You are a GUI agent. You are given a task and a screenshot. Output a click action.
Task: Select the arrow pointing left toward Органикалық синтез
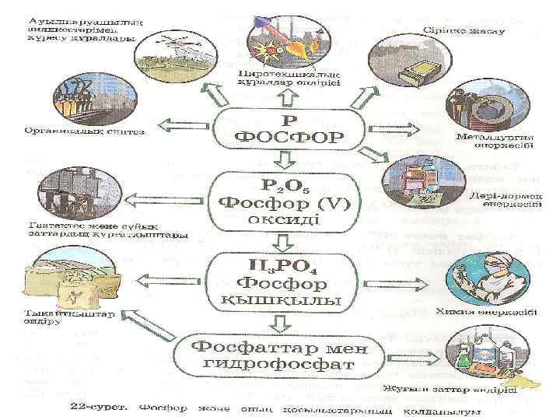point(179,124)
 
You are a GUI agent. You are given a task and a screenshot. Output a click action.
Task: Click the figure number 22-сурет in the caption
point(96,406)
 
